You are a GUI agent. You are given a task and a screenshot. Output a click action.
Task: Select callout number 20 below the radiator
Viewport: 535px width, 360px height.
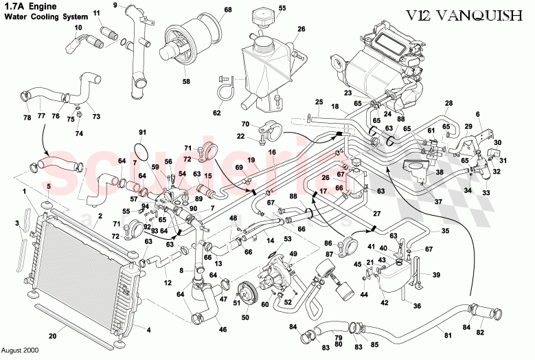coord(52,336)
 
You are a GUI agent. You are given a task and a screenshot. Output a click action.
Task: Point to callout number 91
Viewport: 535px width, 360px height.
coord(143,132)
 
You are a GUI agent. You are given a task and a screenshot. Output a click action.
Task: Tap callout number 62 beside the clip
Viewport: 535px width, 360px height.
coord(217,113)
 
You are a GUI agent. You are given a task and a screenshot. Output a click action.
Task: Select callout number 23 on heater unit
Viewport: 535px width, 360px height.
coord(348,93)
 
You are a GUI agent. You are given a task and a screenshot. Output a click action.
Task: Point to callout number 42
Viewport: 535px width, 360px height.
coord(385,302)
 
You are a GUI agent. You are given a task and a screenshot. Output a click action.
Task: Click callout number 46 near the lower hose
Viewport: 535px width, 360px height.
coord(222,330)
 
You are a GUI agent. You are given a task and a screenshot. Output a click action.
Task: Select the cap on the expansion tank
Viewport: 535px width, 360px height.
coord(263,17)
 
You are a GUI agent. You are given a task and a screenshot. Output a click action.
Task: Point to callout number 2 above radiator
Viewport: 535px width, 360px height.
coord(100,216)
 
